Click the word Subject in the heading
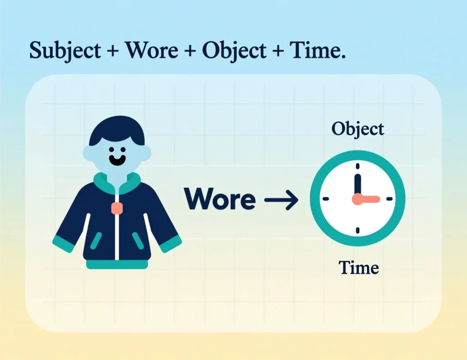click(65, 51)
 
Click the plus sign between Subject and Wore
click(111, 51)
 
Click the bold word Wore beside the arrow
click(220, 199)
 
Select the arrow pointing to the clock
click(281, 199)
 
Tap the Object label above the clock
click(358, 129)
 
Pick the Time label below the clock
click(359, 268)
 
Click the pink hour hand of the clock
click(367, 199)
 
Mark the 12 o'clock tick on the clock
click(358, 166)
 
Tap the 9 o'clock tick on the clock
click(325, 199)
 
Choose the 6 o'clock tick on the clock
click(358, 231)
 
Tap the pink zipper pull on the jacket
click(117, 208)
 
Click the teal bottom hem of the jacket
click(117, 265)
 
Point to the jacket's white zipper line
click(117, 237)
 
